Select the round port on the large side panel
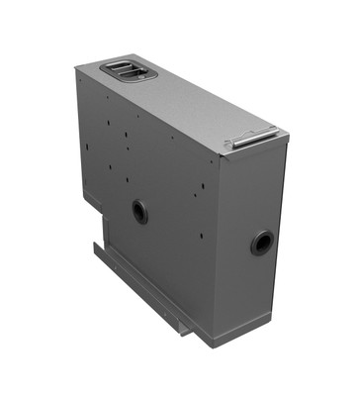click(140, 211)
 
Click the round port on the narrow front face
click(262, 242)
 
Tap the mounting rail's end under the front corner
click(188, 332)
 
